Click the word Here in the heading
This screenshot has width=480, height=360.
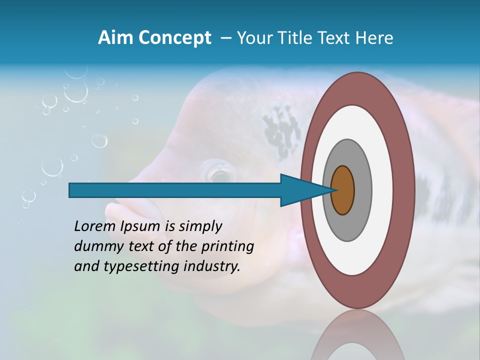tap(374, 37)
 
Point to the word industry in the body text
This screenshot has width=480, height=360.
tap(212, 266)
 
